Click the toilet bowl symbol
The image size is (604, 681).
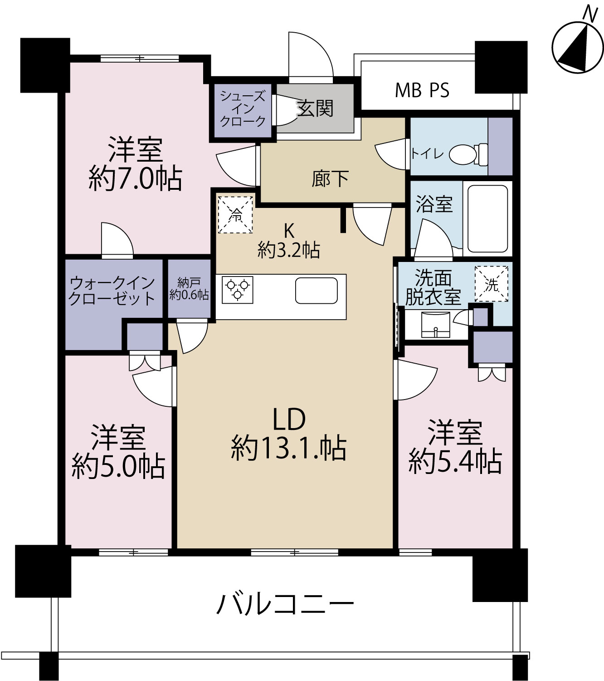tap(468, 154)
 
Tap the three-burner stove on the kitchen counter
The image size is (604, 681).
tap(238, 290)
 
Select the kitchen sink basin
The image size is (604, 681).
tap(316, 291)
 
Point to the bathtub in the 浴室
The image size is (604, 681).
tap(487, 218)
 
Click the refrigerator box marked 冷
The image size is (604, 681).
tap(235, 214)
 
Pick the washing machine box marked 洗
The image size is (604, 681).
tap(491, 284)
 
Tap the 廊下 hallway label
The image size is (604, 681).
tap(330, 179)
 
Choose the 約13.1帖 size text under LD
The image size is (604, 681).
tap(289, 448)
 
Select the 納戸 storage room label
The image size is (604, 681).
tap(189, 283)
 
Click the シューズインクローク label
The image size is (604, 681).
tap(243, 109)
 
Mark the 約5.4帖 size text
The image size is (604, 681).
tap(455, 462)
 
